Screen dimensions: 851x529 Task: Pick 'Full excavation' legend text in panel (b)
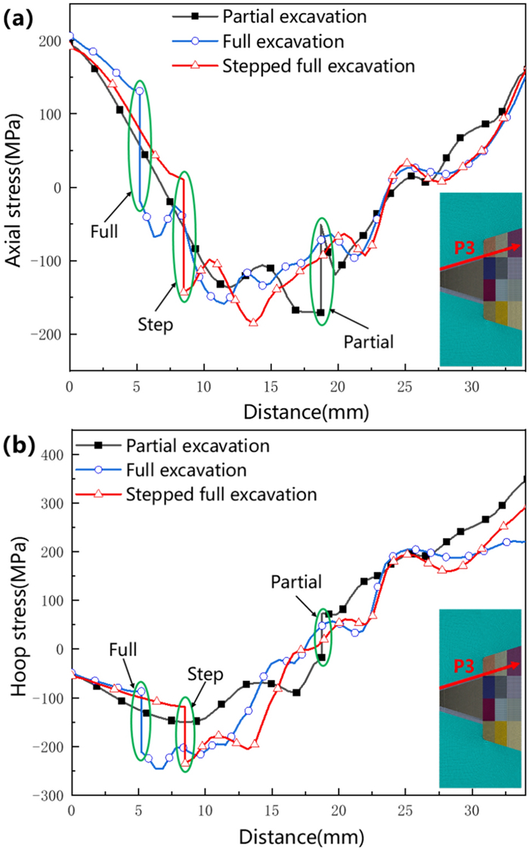click(187, 470)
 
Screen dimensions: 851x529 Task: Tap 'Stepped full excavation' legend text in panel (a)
click(319, 65)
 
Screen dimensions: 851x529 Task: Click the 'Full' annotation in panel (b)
click(122, 649)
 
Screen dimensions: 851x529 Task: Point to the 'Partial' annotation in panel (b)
click(297, 581)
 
